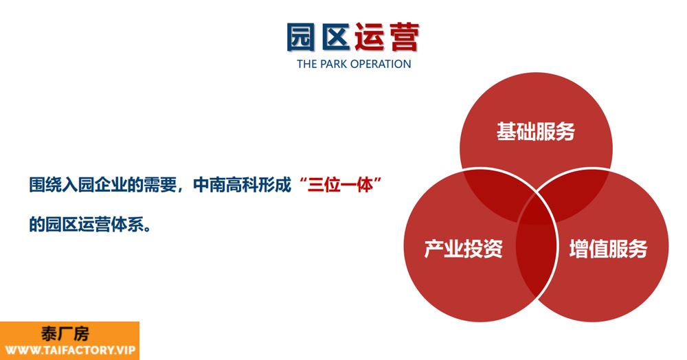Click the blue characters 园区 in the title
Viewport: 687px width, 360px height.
tap(318, 37)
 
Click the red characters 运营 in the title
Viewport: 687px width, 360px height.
tap(387, 37)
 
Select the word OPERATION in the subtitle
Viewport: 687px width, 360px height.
tap(381, 64)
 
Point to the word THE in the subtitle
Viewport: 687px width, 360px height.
tap(307, 64)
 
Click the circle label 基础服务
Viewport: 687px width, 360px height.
tap(535, 131)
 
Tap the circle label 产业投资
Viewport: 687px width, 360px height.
tap(464, 248)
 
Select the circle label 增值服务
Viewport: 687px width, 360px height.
tap(608, 248)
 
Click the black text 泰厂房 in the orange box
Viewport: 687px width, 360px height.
tap(65, 334)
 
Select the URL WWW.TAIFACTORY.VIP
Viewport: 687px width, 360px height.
tap(70, 350)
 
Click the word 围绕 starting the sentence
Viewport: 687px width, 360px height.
tap(45, 185)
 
